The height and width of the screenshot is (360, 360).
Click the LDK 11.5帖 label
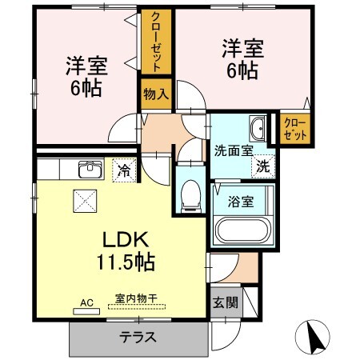click(126, 250)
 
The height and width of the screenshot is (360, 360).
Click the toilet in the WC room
click(189, 194)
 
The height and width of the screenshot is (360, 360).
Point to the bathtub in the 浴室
click(243, 231)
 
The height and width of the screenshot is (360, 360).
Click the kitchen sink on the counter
click(88, 169)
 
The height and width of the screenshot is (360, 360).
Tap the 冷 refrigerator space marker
click(124, 170)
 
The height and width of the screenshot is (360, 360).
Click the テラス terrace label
click(138, 337)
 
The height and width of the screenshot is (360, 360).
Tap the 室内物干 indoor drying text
click(136, 299)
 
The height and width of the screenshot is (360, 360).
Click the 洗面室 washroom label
click(232, 149)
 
